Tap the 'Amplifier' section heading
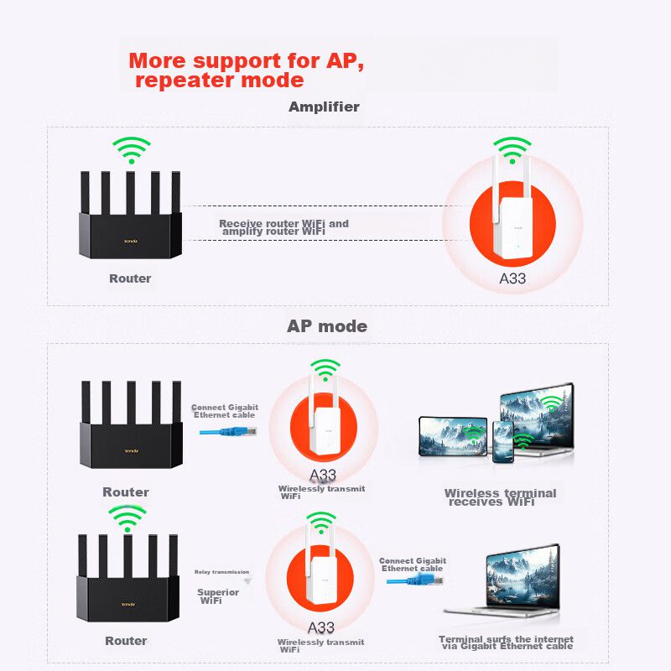coord(324,107)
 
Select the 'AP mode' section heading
coord(327,326)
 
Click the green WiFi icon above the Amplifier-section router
coord(132,151)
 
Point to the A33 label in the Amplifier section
coord(512,278)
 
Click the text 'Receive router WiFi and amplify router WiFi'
coord(283,227)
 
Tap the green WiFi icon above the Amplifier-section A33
coord(512,149)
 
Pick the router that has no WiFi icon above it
coord(130,428)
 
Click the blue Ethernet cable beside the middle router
coord(229,431)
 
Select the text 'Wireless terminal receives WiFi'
coord(500,497)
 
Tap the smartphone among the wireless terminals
coord(503,441)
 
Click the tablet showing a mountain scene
coord(453,436)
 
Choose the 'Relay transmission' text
coord(221,572)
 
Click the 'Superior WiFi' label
coord(218,596)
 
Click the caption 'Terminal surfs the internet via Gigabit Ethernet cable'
coord(506,642)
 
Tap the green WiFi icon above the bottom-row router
coord(127,518)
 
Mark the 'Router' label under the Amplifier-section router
coord(130,278)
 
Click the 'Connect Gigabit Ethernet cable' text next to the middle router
coord(224,411)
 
